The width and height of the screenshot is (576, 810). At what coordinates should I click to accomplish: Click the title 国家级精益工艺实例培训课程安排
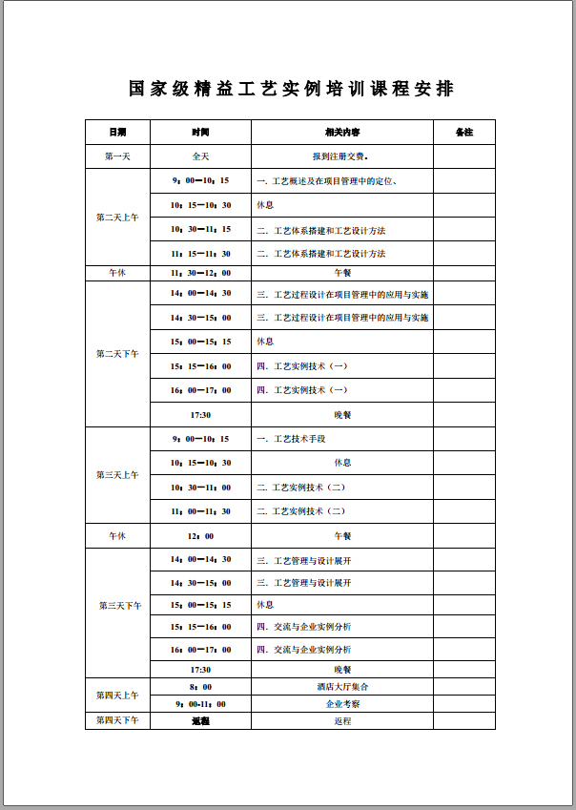click(x=291, y=89)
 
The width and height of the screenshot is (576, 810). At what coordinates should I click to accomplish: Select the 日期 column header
click(x=117, y=132)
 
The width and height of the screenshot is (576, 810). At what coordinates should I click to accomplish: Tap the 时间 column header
click(x=200, y=132)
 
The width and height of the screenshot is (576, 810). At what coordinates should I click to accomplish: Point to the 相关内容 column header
click(x=342, y=132)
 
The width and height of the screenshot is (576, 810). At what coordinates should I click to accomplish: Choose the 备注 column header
click(x=464, y=132)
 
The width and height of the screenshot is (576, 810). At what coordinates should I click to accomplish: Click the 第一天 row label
click(x=117, y=156)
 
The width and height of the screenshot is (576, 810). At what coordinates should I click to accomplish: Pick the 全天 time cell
click(x=200, y=156)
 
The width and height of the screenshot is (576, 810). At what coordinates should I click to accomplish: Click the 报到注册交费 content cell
click(x=341, y=156)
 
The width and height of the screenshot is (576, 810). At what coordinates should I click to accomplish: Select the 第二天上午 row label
click(x=117, y=218)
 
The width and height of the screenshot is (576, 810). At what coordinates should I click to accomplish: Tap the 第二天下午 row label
click(x=117, y=354)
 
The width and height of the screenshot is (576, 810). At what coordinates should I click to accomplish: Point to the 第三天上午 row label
click(x=117, y=474)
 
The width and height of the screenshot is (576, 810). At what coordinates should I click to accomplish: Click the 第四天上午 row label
click(x=117, y=695)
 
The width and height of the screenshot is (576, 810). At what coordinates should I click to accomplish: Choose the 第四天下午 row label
click(x=117, y=720)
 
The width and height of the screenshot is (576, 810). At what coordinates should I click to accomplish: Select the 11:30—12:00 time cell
click(x=200, y=273)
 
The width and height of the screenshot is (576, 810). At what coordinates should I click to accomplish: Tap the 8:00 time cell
click(x=200, y=686)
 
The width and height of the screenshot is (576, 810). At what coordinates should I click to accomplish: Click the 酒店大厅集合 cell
click(x=342, y=686)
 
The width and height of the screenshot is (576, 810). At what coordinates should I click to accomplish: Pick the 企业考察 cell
click(x=342, y=703)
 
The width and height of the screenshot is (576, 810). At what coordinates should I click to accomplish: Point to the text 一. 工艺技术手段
click(x=292, y=439)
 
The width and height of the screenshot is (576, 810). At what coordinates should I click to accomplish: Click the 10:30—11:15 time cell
click(x=200, y=230)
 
